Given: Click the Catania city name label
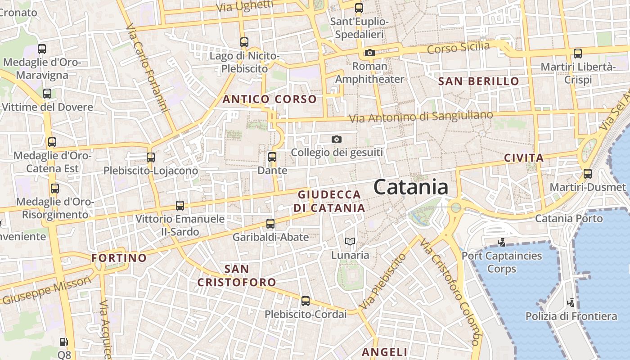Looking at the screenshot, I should [x=411, y=187].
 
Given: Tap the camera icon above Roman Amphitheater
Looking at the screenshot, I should [x=370, y=53].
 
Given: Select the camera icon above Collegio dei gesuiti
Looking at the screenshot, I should [x=337, y=139].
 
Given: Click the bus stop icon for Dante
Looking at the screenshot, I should [x=272, y=157].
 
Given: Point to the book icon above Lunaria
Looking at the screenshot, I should [x=350, y=242].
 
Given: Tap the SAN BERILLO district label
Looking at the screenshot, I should [x=478, y=81].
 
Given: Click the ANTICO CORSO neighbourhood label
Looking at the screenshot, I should [x=270, y=99].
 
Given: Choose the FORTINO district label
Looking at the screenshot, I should [x=119, y=258].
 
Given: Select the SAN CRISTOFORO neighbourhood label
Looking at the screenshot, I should [x=237, y=275].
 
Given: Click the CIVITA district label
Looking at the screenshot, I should [x=524, y=158].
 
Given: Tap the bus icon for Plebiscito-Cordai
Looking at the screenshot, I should [x=306, y=301].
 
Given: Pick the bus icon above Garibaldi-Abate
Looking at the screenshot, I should [x=270, y=224].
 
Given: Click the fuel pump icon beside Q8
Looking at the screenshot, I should [x=64, y=342].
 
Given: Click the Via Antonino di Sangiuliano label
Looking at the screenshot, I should [x=421, y=117].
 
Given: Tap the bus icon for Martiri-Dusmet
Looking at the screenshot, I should [x=587, y=174].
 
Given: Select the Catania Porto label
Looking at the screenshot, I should [x=569, y=219].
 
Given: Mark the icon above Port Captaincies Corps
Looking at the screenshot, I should [x=501, y=243].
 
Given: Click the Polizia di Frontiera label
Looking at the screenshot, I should [x=571, y=316].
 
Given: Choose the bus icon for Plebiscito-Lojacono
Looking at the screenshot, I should [x=151, y=157].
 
